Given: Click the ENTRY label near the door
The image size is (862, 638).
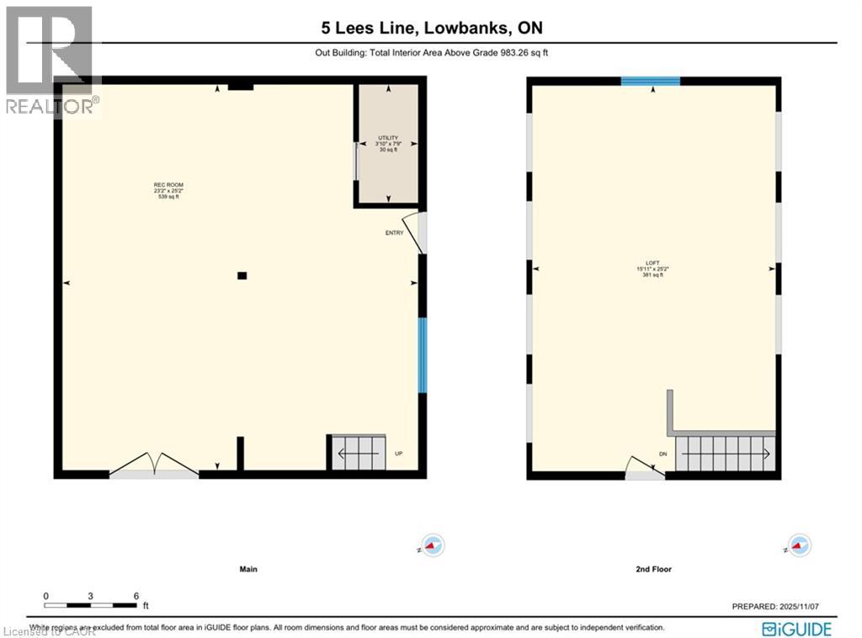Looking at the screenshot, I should [x=394, y=233].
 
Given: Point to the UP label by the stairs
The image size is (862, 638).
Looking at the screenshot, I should [x=399, y=454].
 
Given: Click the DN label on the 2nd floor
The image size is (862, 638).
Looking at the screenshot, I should [x=662, y=454].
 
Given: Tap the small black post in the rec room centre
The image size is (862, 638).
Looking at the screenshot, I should [x=242, y=275].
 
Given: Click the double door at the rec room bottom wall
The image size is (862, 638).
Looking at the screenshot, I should [x=154, y=466].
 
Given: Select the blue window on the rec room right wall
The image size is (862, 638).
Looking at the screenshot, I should [x=423, y=354].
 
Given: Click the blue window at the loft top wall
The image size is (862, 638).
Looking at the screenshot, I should [x=650, y=82].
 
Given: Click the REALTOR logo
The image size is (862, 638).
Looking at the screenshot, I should [x=51, y=59].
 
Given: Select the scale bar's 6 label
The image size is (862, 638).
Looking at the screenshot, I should [x=136, y=595].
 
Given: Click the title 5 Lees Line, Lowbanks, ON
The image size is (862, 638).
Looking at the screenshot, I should [x=432, y=28].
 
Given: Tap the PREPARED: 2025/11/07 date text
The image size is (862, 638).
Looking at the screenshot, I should [x=780, y=606].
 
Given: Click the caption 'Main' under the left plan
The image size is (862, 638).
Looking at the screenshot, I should [x=247, y=569].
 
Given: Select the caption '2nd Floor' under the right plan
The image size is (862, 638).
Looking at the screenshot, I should [x=653, y=569].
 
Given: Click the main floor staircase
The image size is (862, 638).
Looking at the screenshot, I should [x=356, y=454].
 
